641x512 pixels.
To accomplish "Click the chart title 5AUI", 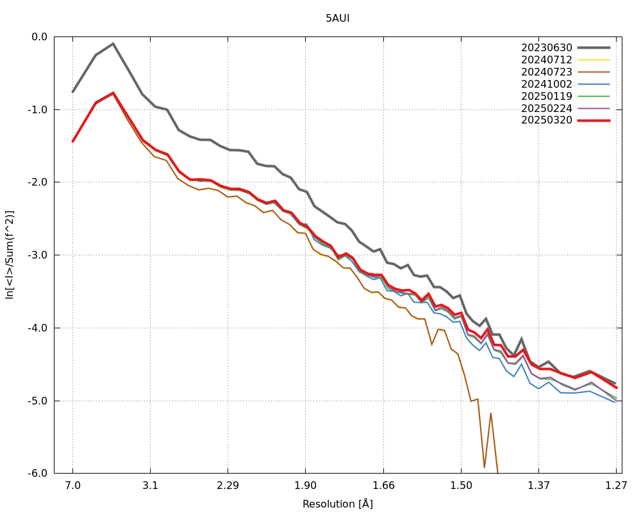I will (x=337, y=19).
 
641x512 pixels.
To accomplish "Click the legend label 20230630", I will (x=546, y=47).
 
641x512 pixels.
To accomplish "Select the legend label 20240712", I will (x=546, y=60).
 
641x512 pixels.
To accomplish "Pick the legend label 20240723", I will (x=546, y=72).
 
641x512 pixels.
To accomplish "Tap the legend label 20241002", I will (x=546, y=84).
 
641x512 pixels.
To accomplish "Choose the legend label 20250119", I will (x=546, y=96).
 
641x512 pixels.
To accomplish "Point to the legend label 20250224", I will (x=546, y=108).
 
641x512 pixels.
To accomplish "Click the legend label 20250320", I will (x=546, y=120).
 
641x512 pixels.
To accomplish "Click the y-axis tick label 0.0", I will (x=39, y=36).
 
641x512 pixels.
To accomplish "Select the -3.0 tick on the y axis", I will (x=38, y=255).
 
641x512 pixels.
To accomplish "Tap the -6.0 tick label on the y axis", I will (x=38, y=474).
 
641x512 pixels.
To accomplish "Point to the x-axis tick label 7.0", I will (x=73, y=486).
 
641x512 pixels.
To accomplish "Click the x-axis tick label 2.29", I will (x=228, y=486).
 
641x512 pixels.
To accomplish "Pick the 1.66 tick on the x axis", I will (x=383, y=486).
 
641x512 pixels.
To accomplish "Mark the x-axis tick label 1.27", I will (x=616, y=486).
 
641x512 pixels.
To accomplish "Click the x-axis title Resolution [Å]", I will (x=337, y=504).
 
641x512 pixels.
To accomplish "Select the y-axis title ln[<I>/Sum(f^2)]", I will (x=10, y=255).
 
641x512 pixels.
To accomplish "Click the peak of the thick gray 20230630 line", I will (x=113, y=44).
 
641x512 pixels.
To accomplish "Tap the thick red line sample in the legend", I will (x=594, y=120).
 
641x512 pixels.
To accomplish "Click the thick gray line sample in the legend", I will (x=594, y=47).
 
